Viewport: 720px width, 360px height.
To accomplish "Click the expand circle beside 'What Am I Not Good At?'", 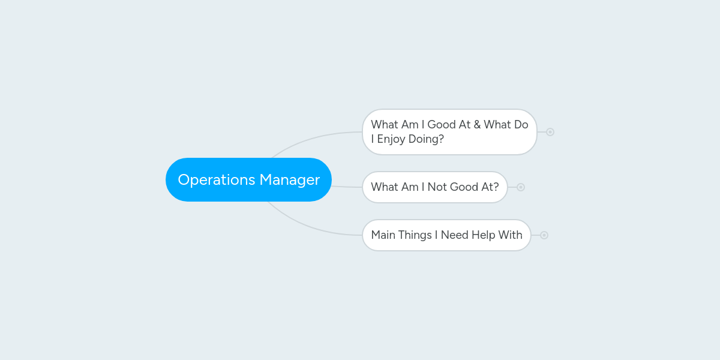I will click(521, 187).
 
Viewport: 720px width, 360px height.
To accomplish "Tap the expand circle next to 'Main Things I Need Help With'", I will click(544, 235).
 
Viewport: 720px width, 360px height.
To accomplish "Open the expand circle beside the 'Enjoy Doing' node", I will click(550, 132).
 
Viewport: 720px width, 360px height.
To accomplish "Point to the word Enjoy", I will click(391, 139).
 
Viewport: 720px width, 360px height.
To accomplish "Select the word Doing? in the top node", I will click(426, 139).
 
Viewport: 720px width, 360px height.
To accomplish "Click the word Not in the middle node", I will click(437, 187).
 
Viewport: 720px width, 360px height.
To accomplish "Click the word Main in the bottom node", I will click(383, 235).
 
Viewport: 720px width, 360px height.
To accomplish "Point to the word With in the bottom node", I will click(511, 235).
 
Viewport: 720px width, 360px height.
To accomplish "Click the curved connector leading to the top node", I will click(312, 139).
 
